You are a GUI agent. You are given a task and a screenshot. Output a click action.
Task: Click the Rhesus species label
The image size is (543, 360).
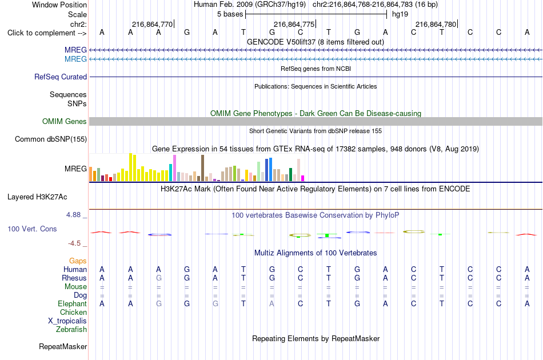tap(74, 278)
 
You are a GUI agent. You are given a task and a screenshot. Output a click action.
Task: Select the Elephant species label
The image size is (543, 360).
tap(72, 303)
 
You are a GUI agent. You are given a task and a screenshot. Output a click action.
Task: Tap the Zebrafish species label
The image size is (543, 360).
tap(71, 329)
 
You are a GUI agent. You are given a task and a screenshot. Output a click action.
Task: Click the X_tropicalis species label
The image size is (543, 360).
tap(67, 321)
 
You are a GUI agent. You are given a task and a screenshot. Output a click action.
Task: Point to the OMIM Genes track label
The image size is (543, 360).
tap(64, 122)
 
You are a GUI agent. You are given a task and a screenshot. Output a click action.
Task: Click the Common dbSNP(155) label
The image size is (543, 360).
tap(50, 139)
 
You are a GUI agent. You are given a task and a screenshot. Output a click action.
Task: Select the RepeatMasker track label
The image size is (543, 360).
tap(63, 346)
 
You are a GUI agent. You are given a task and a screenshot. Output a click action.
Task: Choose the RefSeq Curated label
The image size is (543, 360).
tap(60, 77)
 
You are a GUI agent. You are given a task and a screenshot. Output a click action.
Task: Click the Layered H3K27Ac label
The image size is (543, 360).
tap(37, 197)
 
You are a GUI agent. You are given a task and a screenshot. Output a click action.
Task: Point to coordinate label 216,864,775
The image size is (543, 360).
tap(294, 24)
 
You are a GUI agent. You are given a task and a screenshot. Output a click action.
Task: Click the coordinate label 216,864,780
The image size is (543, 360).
tap(436, 24)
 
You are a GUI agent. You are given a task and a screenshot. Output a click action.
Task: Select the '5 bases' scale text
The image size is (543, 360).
tap(230, 14)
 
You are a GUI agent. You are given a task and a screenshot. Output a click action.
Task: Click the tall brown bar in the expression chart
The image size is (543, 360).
tap(202, 168)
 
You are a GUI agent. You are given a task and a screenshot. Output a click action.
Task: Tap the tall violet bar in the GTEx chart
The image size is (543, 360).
tap(174, 168)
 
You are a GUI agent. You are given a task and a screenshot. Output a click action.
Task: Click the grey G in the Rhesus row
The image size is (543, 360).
tap(158, 278)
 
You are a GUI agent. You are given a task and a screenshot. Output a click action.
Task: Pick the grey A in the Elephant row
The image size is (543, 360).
tap(272, 303)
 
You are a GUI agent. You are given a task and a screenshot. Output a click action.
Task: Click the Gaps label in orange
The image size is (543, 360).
tap(78, 261)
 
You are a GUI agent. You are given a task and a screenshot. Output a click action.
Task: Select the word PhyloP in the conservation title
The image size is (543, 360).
tap(387, 215)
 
